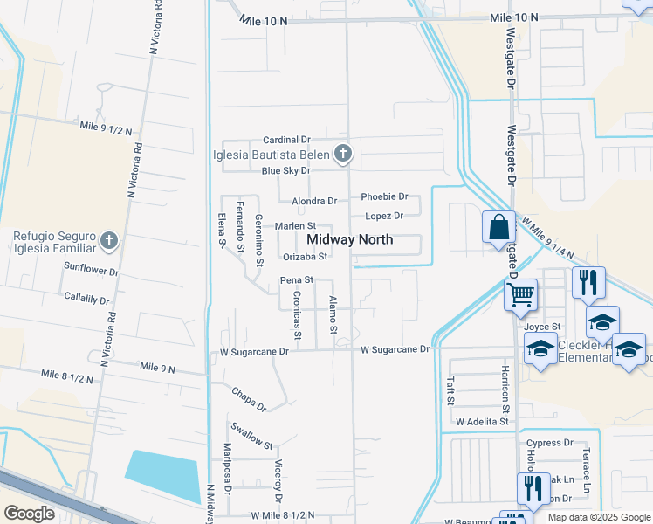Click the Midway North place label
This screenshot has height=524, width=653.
point(349,239)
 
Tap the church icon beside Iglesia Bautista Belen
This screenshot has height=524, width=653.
point(343,155)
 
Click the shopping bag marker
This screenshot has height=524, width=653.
point(498,227)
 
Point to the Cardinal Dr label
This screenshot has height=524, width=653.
point(287,140)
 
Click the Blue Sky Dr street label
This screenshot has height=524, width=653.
point(286,170)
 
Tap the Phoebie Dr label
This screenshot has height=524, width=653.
point(385,197)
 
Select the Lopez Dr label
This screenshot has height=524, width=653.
point(384,216)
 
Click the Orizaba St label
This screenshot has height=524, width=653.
point(306,257)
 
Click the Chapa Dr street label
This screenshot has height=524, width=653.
point(249,399)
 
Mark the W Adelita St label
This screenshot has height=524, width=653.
point(482,421)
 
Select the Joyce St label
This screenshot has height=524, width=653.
point(543,327)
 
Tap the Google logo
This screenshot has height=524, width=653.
point(30,514)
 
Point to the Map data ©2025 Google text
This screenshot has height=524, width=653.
point(598,517)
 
